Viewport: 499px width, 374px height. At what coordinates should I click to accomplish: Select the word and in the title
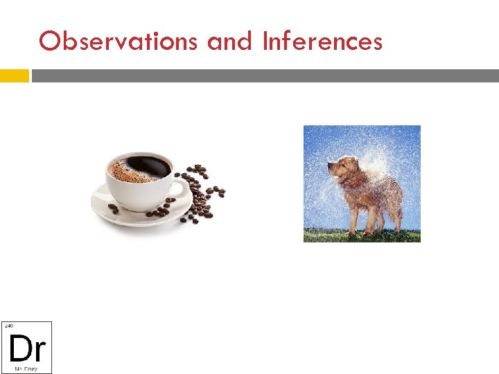(232, 42)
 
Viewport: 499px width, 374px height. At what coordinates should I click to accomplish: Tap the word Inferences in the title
(322, 42)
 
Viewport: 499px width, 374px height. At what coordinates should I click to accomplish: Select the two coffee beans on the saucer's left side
(113, 208)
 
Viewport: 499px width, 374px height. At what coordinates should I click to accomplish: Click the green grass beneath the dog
(360, 236)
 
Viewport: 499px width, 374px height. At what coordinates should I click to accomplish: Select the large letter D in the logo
(18, 348)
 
